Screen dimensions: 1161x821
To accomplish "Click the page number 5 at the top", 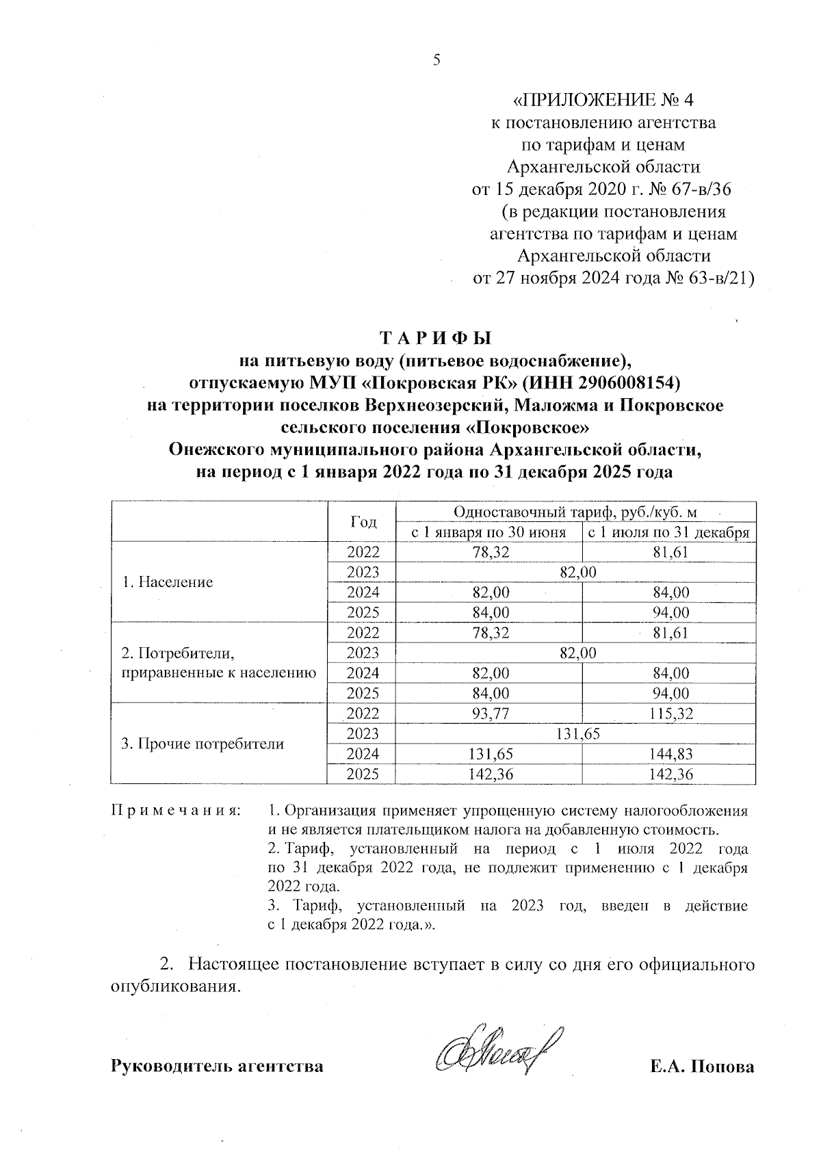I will (x=436, y=60).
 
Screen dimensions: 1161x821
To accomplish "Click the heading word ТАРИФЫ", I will (x=435, y=338).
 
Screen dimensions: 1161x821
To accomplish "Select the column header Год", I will (x=363, y=522).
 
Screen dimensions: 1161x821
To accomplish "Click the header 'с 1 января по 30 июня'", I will (x=488, y=532).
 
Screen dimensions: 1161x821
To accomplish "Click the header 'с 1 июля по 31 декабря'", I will (x=668, y=532).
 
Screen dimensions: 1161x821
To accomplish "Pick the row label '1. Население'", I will (x=168, y=582).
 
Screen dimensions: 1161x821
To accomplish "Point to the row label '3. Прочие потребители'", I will (x=203, y=744).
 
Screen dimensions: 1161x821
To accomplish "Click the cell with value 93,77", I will (x=488, y=714).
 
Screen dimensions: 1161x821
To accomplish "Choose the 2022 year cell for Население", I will (x=363, y=552).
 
